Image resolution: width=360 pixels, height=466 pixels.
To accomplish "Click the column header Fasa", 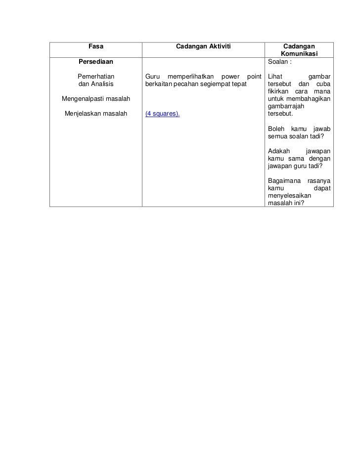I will tap(95, 46).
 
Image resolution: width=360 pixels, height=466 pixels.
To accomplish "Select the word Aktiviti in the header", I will tap(218, 46).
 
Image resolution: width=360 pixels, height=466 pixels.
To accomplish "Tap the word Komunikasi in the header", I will tap(299, 54).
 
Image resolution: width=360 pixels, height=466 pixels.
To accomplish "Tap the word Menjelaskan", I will tap(84, 114).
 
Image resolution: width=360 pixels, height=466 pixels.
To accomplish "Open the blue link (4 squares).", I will tap(162, 114).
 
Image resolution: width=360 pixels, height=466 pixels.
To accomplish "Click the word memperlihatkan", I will tap(189, 77).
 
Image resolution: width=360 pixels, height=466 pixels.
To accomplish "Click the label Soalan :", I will tap(279, 62).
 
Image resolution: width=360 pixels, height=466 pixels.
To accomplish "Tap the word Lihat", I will tap(274, 77).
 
